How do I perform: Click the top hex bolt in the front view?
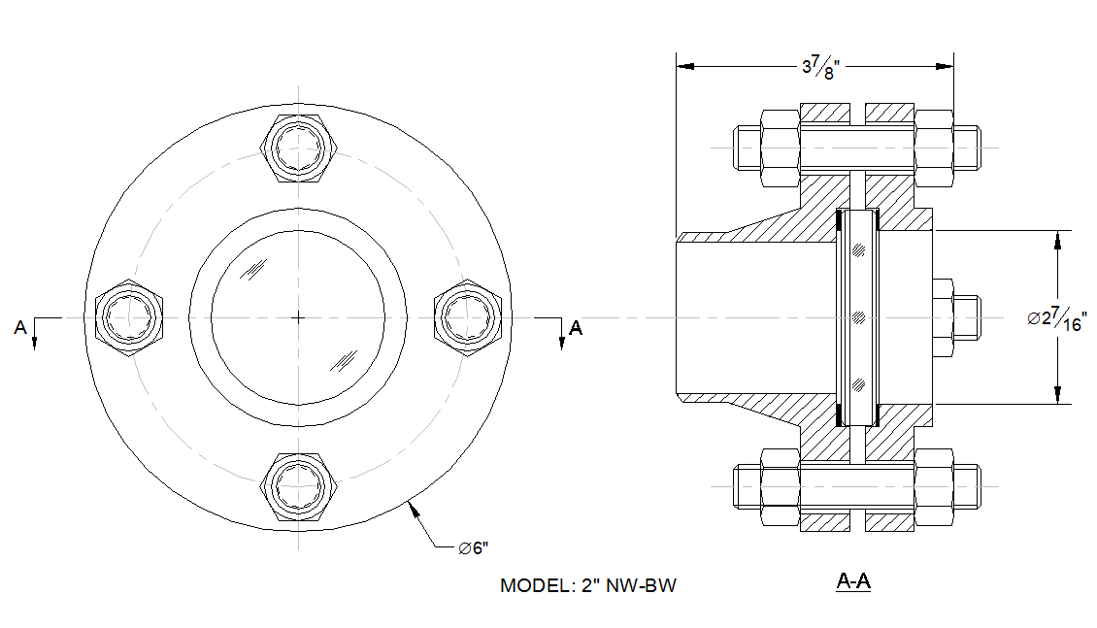point(299,149)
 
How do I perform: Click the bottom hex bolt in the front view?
point(299,484)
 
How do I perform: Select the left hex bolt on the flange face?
point(130,316)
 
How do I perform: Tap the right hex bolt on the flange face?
point(467,316)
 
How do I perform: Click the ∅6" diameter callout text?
point(473,548)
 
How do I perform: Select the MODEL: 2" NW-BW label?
point(587,586)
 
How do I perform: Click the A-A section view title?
point(853,582)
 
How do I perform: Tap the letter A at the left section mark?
point(20,328)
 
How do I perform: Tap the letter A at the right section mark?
point(576,328)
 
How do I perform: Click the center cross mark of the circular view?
point(299,316)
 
